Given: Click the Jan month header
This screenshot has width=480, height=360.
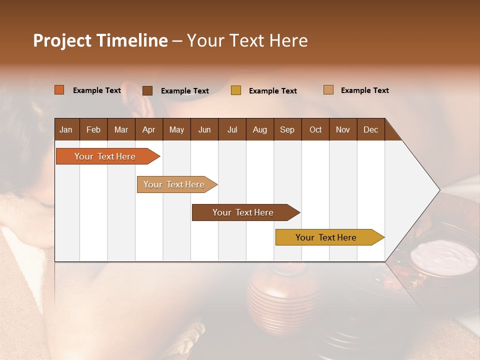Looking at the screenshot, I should point(66,129).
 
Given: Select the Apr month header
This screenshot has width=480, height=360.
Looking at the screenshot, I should point(148,129).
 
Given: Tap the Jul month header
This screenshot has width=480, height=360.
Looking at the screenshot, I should point(232,129).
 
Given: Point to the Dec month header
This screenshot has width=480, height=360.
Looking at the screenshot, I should point(370,129).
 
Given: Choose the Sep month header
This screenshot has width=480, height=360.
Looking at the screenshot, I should point(287,129).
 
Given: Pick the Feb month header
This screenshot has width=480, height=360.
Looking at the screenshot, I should point(93,129).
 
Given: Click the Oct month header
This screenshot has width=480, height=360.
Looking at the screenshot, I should point(315,129).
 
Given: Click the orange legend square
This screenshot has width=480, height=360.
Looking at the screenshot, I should point(59,90).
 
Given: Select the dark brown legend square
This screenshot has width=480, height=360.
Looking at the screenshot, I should point(147,90).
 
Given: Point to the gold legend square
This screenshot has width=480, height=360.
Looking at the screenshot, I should point(236,90).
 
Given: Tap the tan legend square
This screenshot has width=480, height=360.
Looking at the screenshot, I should point(328,90).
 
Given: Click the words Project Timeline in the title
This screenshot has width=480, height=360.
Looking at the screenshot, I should point(100,40).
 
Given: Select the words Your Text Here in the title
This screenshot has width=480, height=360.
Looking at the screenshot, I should point(247,40).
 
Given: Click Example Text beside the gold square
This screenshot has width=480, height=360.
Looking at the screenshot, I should point(272,91).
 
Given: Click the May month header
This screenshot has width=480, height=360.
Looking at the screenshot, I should point(176,129).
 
